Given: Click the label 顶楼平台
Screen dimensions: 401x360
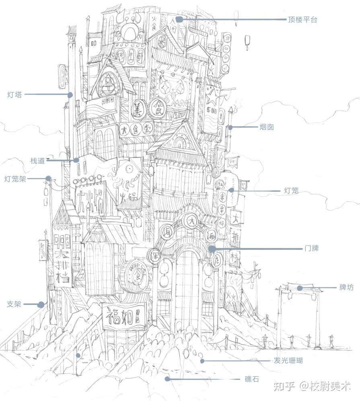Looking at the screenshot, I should click(302, 19).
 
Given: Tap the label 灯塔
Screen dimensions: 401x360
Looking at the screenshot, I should click(15, 95).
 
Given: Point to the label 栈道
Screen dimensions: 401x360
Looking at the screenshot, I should click(37, 161).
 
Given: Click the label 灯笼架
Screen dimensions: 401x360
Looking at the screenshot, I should click(15, 179).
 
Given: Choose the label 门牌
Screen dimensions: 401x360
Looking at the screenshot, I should click(312, 248).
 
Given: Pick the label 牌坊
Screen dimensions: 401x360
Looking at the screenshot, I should click(346, 288).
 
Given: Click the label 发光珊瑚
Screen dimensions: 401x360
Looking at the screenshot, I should click(288, 361).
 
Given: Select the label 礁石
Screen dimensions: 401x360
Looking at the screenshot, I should click(252, 379).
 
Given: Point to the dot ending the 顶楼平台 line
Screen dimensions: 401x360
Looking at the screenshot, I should click(179, 19).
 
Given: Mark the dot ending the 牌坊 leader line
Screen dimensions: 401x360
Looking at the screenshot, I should click(300, 288).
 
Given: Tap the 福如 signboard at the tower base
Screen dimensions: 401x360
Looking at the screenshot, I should click(123, 317).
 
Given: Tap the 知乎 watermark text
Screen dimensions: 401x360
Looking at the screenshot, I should click(284, 386).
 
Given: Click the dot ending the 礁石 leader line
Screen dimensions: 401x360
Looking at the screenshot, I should click(167, 379).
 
